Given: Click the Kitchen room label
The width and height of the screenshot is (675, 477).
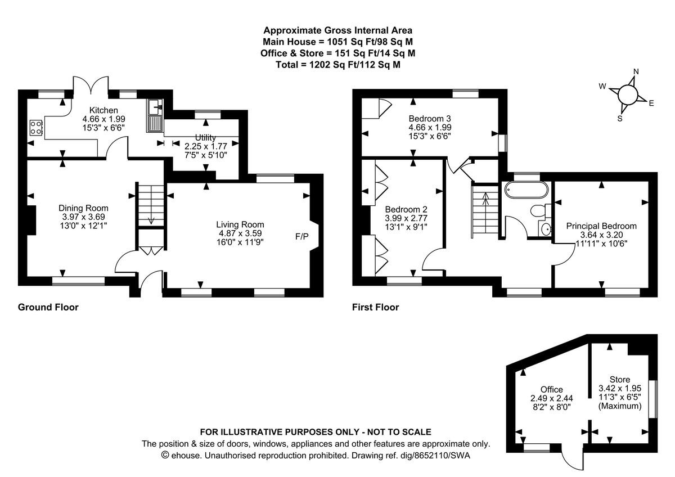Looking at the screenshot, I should coord(103,110).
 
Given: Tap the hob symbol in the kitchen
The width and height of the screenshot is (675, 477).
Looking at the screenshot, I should coord(36,128).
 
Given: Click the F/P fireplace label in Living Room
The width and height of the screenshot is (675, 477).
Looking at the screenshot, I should coord(302,236).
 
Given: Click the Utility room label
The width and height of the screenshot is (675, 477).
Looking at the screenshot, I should coord(206,137).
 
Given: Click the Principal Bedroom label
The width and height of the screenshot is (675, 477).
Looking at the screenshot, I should coord(601,226).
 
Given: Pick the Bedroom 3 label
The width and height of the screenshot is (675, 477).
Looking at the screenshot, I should coord(430,119).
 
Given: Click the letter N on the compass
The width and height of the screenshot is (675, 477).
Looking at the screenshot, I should coord(636,71).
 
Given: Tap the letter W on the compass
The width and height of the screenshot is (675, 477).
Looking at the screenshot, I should coord(602,87).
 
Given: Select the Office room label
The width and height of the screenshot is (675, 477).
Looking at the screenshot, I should coord(551,389).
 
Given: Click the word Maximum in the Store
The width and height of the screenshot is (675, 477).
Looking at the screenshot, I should coord(620,406).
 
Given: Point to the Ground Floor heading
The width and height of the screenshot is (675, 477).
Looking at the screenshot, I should coord(48,307).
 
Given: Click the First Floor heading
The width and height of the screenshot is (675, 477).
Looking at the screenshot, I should coord(375,307).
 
